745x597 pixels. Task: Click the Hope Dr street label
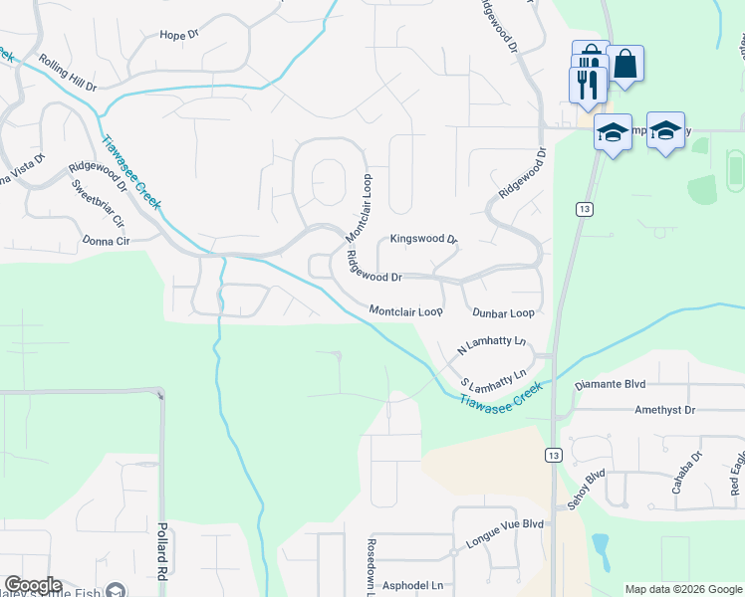pyautogui.click(x=179, y=35)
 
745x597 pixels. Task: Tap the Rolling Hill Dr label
pyautogui.click(x=67, y=74)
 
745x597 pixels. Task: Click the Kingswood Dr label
pyautogui.click(x=422, y=240)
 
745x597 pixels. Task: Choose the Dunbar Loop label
pyautogui.click(x=503, y=312)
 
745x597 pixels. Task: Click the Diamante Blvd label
pyautogui.click(x=611, y=384)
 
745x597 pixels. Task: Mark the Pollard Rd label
pyautogui.click(x=160, y=550)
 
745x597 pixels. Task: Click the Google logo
pyautogui.click(x=33, y=585)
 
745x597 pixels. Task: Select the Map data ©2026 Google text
pyautogui.click(x=683, y=589)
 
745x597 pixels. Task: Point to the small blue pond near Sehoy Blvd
pyautogui.click(x=601, y=546)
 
